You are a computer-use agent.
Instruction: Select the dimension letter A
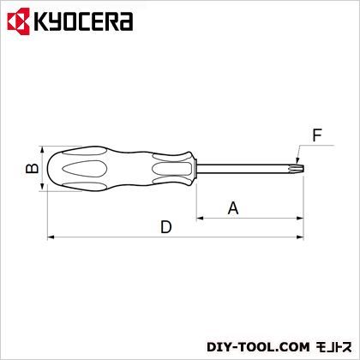click(231, 207)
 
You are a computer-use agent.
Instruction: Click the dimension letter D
click(166, 227)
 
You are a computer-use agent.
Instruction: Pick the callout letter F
click(318, 135)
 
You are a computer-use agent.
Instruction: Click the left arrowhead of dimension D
click(50, 236)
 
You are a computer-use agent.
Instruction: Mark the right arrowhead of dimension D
click(301, 236)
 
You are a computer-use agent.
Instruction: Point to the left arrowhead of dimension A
click(202, 217)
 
